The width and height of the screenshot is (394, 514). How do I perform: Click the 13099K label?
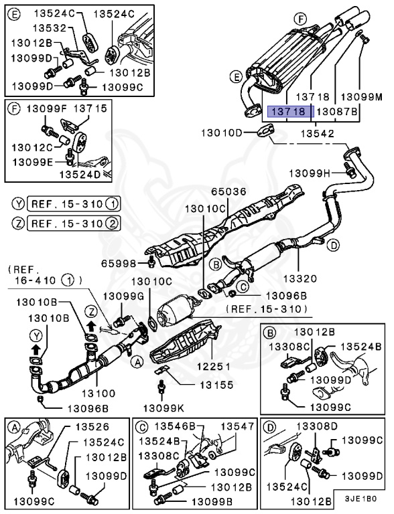click(x=161, y=407)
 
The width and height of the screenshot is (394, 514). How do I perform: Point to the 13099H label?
click(x=310, y=173)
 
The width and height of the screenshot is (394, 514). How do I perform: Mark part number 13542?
click(x=317, y=134)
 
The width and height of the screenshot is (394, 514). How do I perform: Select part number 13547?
click(x=238, y=426)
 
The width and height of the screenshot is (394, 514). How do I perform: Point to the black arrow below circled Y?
click(x=35, y=349)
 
